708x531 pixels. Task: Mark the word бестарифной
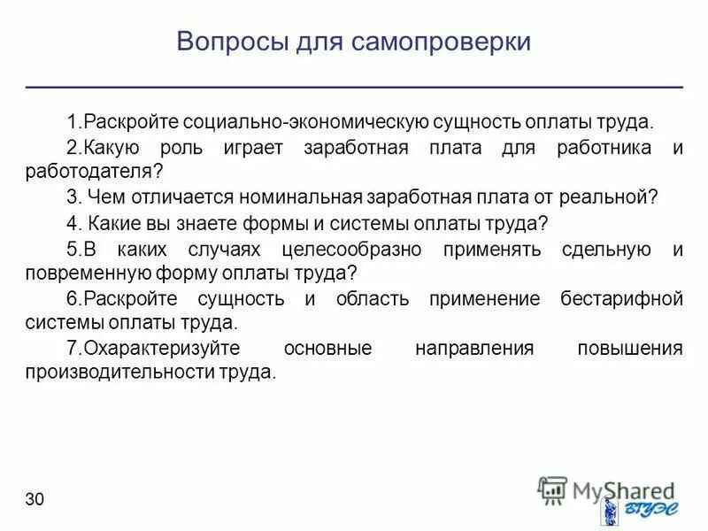pos(621,298)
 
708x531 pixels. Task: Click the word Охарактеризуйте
pos(157,348)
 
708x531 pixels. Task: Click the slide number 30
pos(35,500)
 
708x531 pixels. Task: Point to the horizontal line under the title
pos(354,88)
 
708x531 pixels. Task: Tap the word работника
pos(605,147)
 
